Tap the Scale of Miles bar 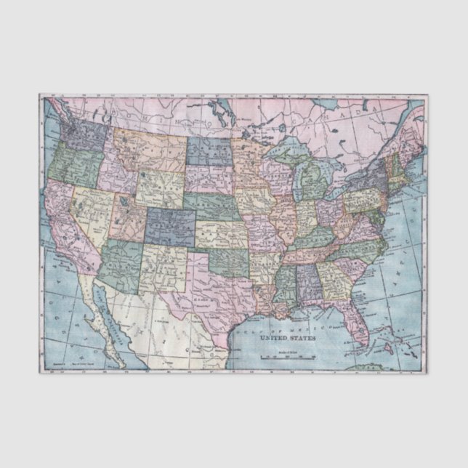287,356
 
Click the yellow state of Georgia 334,281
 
